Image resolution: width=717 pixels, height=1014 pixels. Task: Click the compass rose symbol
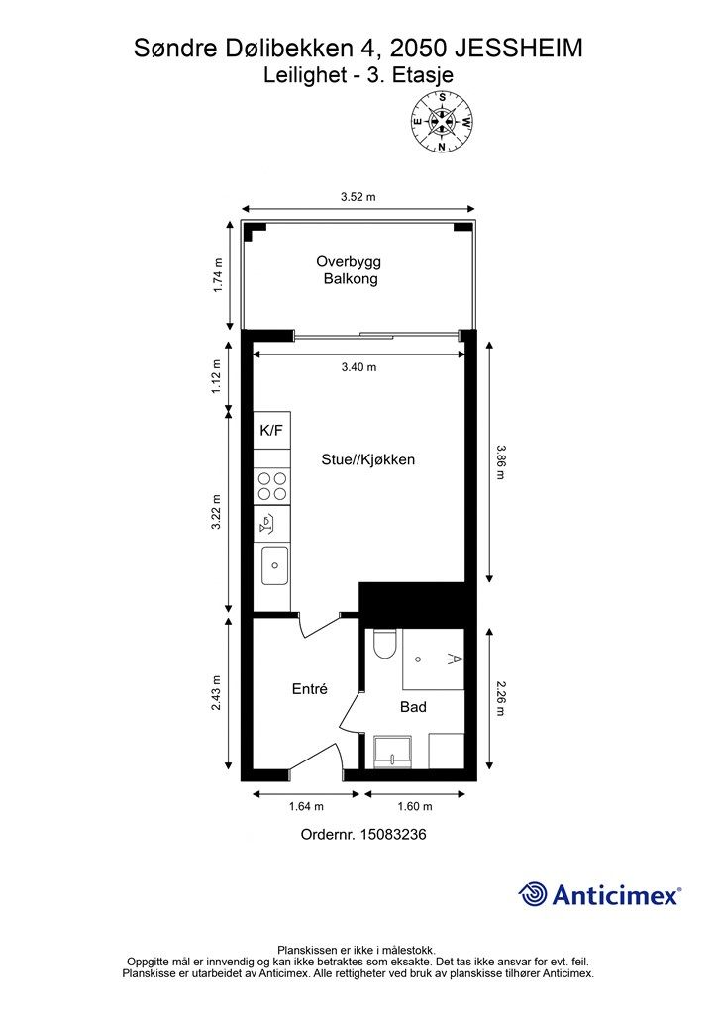[x=442, y=122]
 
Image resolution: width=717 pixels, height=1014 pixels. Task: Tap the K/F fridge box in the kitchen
[x=271, y=430]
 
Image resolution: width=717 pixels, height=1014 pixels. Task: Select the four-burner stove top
[x=271, y=486]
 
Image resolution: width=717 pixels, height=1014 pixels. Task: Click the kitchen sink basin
[x=274, y=565]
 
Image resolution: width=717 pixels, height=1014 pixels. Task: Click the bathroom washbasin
[x=392, y=752]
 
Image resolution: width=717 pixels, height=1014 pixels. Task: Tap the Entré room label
[x=310, y=689]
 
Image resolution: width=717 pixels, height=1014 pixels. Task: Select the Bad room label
[x=413, y=707]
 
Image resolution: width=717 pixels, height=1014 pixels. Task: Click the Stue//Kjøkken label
[x=367, y=459]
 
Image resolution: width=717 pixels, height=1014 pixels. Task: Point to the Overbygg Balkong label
[x=350, y=270]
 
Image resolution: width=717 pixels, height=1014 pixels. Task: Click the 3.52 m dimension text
[x=358, y=197]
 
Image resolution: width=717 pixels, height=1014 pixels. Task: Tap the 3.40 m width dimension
[x=358, y=367]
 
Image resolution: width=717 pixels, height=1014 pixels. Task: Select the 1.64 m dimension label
[x=306, y=806]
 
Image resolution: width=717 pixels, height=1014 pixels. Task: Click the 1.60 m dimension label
[x=415, y=806]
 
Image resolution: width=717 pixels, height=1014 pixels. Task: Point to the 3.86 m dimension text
[x=500, y=461]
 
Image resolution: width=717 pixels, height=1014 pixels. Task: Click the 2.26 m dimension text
[x=500, y=698]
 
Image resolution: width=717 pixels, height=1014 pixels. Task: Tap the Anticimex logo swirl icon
[x=532, y=894]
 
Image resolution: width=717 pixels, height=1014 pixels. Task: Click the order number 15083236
[x=393, y=834]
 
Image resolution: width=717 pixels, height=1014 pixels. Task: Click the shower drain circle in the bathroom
[x=418, y=659]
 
